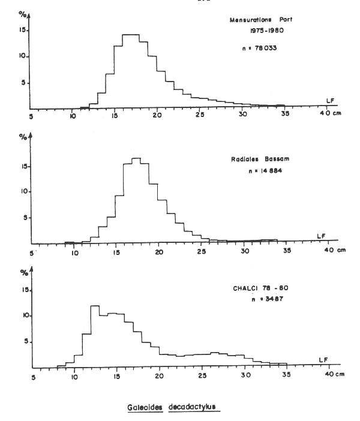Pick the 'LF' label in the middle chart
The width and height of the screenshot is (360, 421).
pos(322,236)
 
